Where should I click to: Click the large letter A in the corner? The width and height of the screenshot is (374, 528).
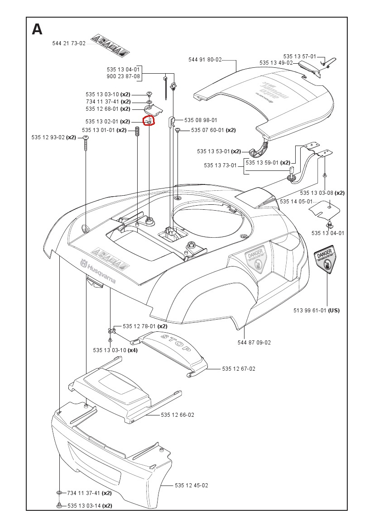pyautogui.click(x=37, y=29)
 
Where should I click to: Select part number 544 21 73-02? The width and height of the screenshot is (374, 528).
pyautogui.click(x=69, y=43)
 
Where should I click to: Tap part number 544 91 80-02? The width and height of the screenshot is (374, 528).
pyautogui.click(x=205, y=59)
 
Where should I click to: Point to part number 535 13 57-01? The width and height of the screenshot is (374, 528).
pyautogui.click(x=300, y=57)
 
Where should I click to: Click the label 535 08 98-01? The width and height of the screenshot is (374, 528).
pyautogui.click(x=201, y=120)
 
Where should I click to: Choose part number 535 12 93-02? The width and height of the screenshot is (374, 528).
pyautogui.click(x=48, y=137)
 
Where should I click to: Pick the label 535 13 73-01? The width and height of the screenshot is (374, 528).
pyautogui.click(x=221, y=165)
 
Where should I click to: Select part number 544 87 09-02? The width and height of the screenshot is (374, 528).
pyautogui.click(x=254, y=343)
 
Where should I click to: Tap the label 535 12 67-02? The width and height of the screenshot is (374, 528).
pyautogui.click(x=239, y=369)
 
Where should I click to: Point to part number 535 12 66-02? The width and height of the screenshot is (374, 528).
pyautogui.click(x=177, y=415)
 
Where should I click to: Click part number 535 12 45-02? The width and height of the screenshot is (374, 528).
pyautogui.click(x=192, y=486)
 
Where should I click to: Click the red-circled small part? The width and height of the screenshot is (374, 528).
pyautogui.click(x=149, y=121)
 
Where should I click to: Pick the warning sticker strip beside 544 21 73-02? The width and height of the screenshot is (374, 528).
pyautogui.click(x=109, y=45)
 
